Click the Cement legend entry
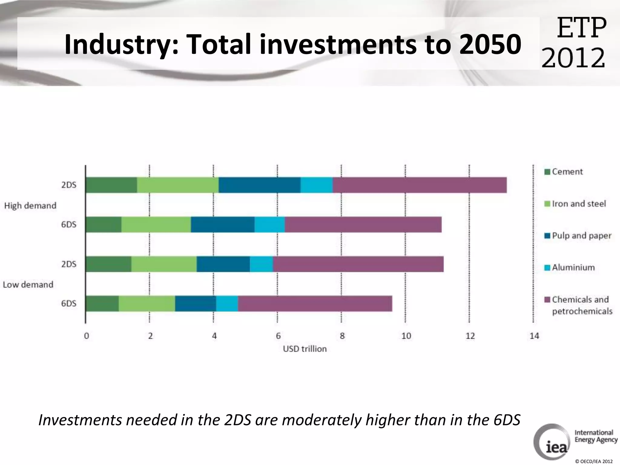pos(567,172)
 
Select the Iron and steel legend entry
pos(578,204)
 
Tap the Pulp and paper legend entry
pos(581,236)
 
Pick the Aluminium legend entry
pos(573,267)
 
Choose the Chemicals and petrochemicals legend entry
pos(581,305)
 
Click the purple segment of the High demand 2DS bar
pos(419,185)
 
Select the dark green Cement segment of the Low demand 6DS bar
pos(102,303)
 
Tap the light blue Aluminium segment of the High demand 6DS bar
pos(269,225)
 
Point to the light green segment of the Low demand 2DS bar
pos(164,264)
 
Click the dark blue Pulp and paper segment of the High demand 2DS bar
pos(259,185)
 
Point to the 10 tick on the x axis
pos(406,336)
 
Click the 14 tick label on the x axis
pos(534,336)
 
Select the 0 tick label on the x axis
pos(87,336)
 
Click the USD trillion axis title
pos(305,349)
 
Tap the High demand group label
pos(30,206)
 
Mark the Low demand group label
pos(28,285)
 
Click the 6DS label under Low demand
pos(69,303)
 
